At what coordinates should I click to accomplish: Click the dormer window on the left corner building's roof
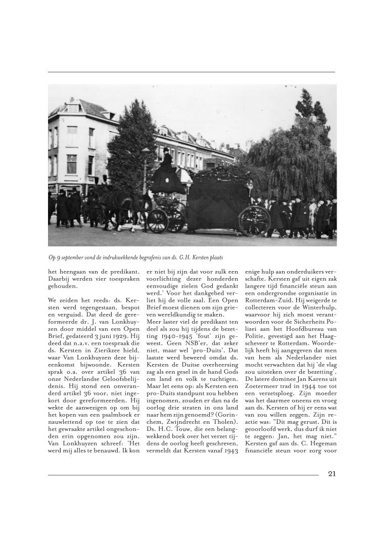pos(74,107)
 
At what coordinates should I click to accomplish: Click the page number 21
pos(332,474)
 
